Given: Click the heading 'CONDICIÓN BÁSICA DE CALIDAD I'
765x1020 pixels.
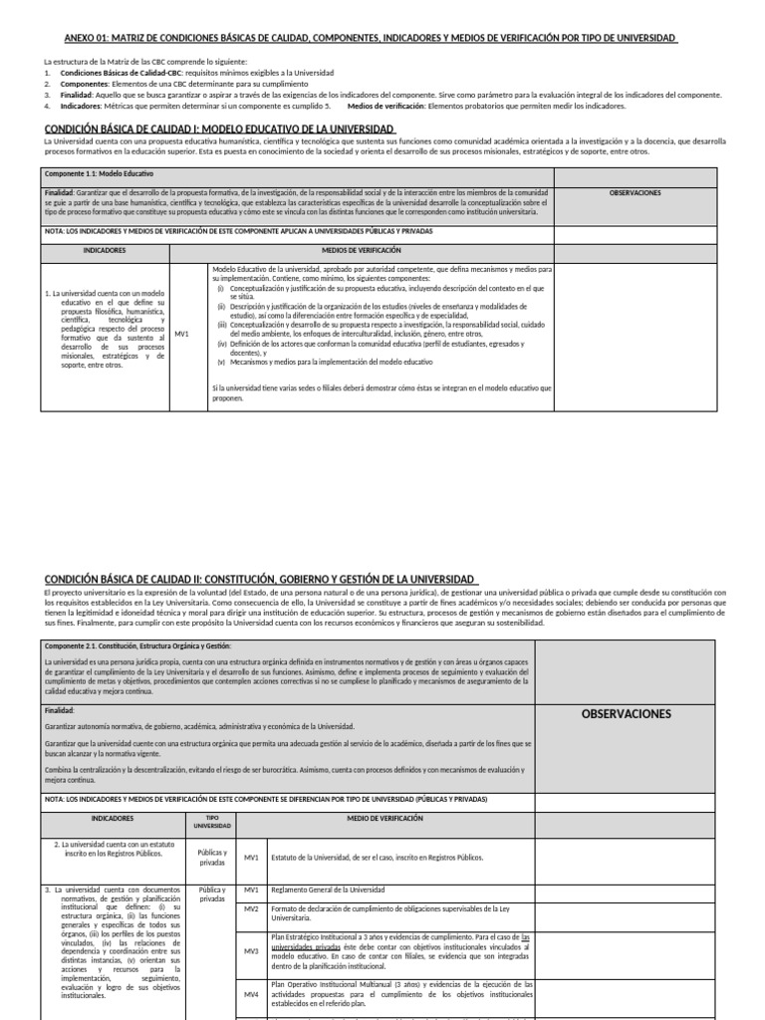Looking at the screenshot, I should point(220,130).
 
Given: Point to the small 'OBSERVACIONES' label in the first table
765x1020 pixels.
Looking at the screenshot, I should point(635,193).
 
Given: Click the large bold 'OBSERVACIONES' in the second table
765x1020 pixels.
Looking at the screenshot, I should point(626,713).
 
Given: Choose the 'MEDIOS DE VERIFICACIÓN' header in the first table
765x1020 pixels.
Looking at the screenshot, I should point(361,250).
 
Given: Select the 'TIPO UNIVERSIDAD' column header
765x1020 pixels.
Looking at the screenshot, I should point(211,821).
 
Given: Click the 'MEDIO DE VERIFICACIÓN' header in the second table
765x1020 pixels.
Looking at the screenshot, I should point(384,818).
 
